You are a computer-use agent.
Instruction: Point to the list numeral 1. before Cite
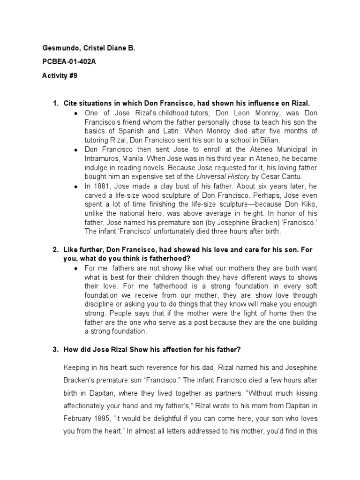click(55, 103)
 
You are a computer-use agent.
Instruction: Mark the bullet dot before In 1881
click(76, 186)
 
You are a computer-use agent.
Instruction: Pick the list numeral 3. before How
click(55, 349)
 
